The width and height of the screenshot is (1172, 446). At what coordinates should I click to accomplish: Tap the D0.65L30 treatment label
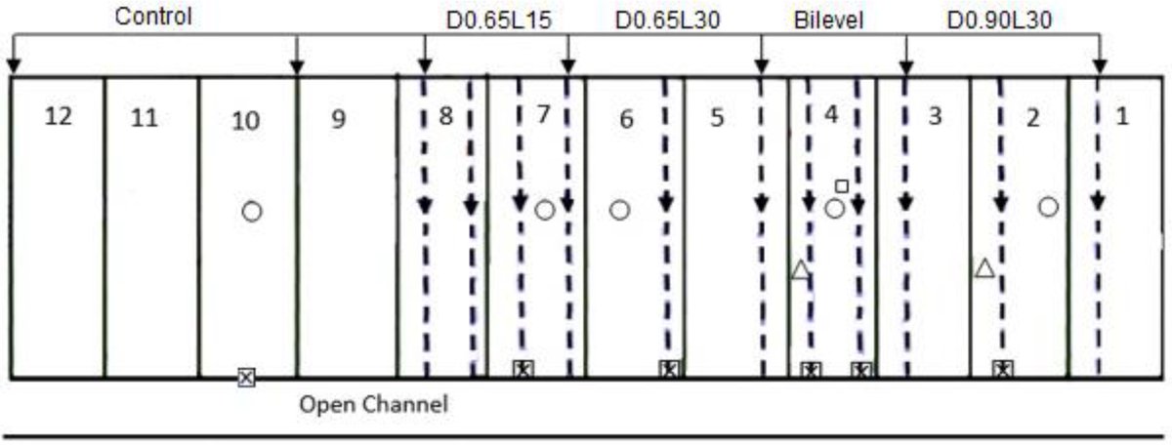668,20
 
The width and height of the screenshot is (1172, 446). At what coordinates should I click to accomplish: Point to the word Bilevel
829,20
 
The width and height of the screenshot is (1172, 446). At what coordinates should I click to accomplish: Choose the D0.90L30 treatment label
1000,20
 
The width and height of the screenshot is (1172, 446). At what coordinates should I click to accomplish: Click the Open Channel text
373,404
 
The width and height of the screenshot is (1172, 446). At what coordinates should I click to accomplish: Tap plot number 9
338,119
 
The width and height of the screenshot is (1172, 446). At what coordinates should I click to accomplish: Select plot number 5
718,119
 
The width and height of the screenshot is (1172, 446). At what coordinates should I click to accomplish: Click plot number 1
1122,116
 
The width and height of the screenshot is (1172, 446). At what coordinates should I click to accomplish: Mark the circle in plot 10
252,211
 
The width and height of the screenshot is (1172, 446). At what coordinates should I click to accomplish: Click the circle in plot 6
619,210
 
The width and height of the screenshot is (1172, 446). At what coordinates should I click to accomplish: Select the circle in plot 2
1048,206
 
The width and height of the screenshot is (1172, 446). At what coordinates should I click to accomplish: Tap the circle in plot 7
545,210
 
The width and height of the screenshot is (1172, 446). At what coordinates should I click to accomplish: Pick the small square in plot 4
842,185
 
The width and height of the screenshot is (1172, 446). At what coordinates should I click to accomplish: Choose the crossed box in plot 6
668,369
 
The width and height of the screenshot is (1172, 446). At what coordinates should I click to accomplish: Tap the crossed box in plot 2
1003,369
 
